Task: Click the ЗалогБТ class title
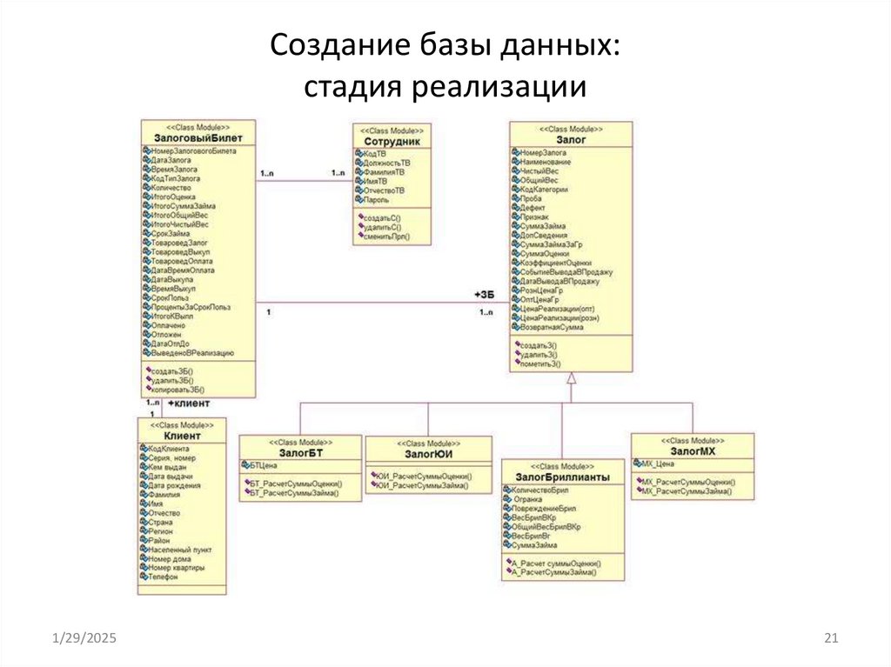tap(301, 452)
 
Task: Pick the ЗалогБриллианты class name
tap(562, 477)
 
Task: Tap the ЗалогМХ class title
tap(693, 452)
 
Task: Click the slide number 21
tap(830, 640)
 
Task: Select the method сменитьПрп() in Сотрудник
tap(385, 237)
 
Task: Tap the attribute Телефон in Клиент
tap(163, 577)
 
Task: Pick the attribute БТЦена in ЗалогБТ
tap(263, 466)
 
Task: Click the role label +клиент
tap(189, 405)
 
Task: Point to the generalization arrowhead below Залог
tap(571, 379)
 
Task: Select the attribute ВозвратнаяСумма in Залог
tap(552, 327)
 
